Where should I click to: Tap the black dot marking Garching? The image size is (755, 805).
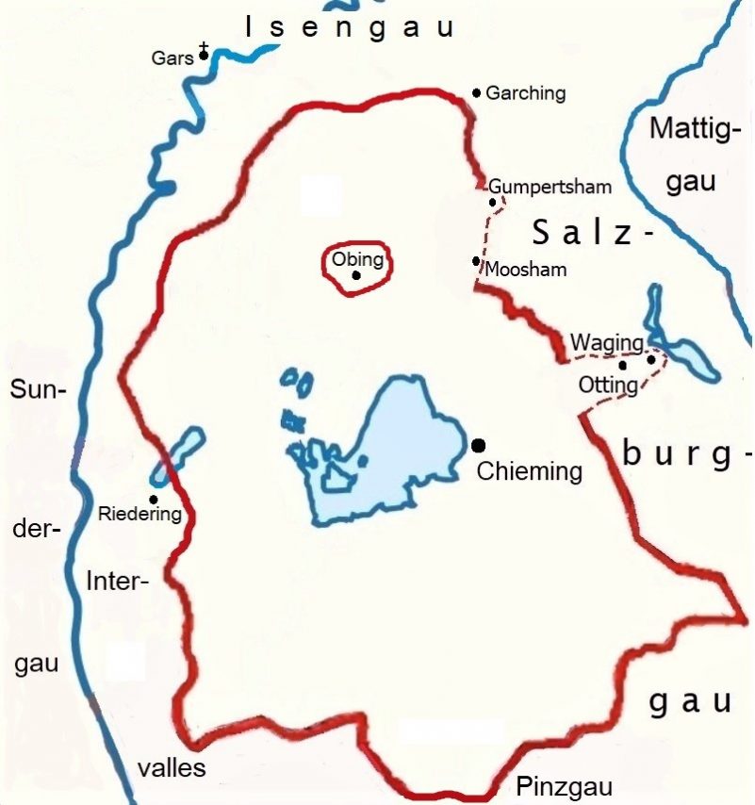tap(477, 92)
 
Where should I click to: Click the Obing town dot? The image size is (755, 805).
tap(356, 275)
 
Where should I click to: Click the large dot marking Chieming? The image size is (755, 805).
tap(478, 445)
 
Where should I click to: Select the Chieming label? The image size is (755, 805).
tap(529, 470)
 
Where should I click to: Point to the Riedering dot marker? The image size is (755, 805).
tap(154, 499)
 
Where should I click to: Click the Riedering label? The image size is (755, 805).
tap(140, 515)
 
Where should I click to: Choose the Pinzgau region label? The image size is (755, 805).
tap(565, 787)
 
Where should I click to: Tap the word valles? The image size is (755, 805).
tap(172, 767)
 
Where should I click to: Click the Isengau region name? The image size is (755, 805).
tap(350, 27)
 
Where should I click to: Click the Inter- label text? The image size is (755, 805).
tap(118, 581)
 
